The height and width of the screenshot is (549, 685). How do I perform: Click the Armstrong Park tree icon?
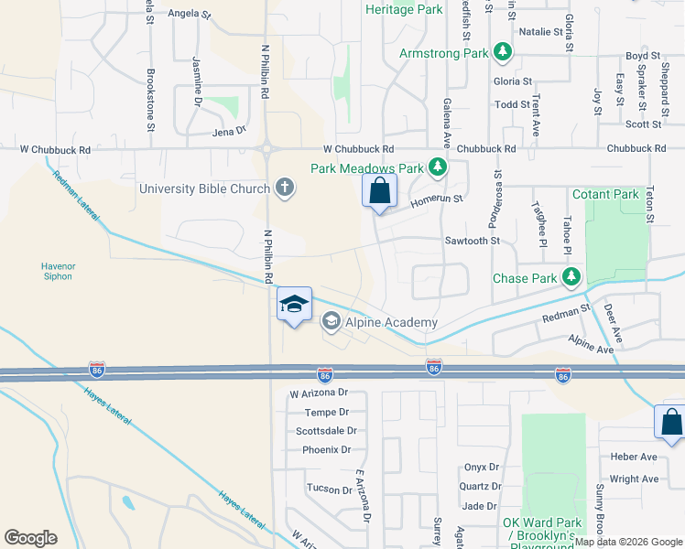click(x=502, y=53)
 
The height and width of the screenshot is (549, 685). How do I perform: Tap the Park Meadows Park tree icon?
click(x=439, y=167)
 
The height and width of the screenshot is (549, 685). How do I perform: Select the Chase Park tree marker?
click(x=572, y=276)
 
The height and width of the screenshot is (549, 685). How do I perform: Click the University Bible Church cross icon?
click(x=285, y=188)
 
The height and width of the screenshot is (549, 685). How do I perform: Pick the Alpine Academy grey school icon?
click(x=331, y=321)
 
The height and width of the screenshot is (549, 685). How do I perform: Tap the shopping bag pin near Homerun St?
click(x=379, y=192)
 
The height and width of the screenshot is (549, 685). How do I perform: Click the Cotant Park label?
click(x=604, y=194)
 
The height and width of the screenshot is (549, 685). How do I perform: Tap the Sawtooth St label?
click(x=472, y=241)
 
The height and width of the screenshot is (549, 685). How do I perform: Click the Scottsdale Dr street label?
click(x=325, y=430)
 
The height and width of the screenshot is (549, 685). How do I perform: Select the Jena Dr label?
click(x=230, y=131)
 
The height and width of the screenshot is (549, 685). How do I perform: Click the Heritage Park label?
click(x=404, y=9)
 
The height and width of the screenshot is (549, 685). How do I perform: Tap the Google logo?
click(x=30, y=538)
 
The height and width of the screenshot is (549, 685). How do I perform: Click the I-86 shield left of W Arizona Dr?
click(x=96, y=369)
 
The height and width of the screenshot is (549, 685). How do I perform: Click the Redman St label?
click(x=565, y=311)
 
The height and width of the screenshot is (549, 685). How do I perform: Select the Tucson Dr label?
click(x=330, y=489)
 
